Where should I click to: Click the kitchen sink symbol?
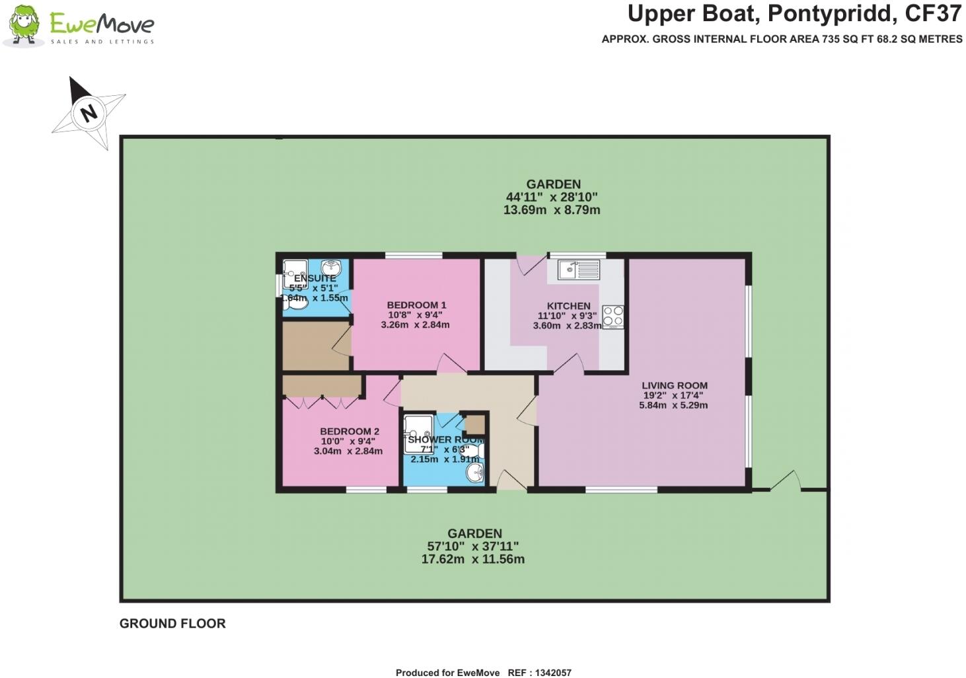tap(578, 270)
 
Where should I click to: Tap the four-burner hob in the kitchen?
tap(613, 317)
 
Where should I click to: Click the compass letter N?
tap(88, 112)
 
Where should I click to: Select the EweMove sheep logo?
tap(25, 25)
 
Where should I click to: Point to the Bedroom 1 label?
tap(416, 305)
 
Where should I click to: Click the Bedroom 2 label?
tap(349, 432)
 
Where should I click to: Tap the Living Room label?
tap(674, 385)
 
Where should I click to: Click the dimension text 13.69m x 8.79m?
tap(552, 210)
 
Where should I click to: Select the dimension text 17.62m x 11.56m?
tap(473, 559)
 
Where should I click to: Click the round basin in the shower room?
tap(475, 472)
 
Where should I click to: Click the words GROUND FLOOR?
tap(172, 623)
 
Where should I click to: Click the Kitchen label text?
tap(568, 306)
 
